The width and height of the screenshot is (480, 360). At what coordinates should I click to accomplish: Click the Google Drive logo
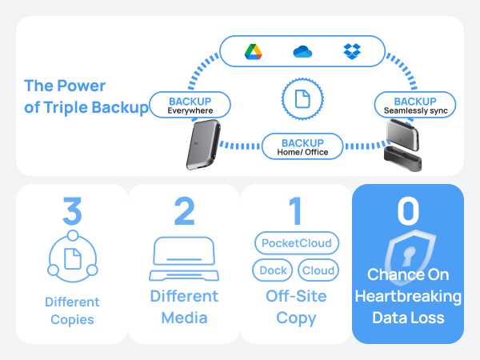click(x=253, y=52)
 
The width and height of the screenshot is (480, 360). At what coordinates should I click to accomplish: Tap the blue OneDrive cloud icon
click(x=302, y=51)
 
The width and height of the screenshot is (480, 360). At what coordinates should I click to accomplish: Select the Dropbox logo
click(x=352, y=51)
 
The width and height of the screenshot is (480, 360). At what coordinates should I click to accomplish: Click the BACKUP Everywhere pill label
click(x=190, y=105)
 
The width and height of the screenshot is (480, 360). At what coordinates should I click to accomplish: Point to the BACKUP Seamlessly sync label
click(x=415, y=105)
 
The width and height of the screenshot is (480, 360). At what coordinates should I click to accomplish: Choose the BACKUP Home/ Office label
click(x=302, y=146)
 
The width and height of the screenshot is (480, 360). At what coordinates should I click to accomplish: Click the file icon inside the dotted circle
click(x=302, y=98)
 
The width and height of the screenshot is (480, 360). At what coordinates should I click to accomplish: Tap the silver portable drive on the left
click(x=203, y=145)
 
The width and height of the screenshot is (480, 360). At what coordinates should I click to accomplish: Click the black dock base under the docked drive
click(x=403, y=158)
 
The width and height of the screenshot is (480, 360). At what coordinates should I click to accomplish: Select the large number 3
click(x=72, y=210)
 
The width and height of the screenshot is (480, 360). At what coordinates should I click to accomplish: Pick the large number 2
click(x=184, y=210)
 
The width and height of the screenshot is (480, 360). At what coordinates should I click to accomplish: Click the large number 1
click(x=295, y=210)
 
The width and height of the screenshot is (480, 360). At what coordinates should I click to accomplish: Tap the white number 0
click(x=408, y=210)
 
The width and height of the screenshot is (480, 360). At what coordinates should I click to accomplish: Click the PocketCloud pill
click(x=297, y=243)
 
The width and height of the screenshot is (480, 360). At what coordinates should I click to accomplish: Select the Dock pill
click(x=273, y=270)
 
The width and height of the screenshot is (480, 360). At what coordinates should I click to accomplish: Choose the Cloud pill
click(x=318, y=270)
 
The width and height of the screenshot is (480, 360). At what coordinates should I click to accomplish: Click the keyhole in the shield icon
click(x=409, y=256)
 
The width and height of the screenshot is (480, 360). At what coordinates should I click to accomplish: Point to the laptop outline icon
click(x=184, y=258)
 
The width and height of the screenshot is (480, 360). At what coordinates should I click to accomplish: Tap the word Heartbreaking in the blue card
click(x=408, y=296)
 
